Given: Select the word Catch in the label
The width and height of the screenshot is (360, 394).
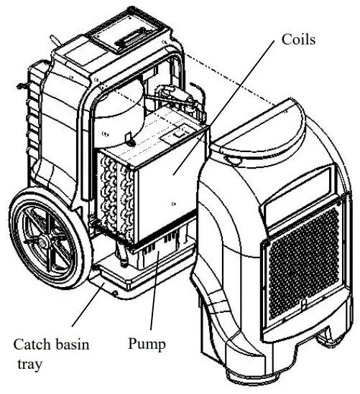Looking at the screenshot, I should tap(32, 344).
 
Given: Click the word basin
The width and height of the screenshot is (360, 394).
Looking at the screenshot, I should tap(71, 344).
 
